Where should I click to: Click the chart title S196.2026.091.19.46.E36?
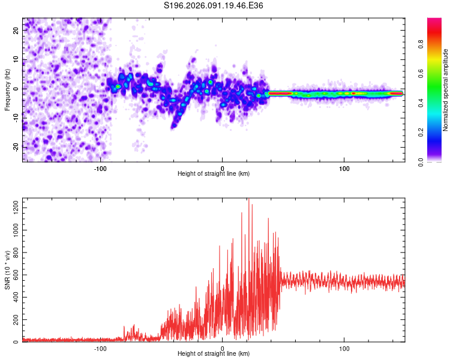pyautogui.click(x=214, y=5)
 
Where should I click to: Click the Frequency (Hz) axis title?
pyautogui.click(x=7, y=90)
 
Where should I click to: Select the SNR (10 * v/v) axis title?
pyautogui.click(x=7, y=271)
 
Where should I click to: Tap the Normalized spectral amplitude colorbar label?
pyautogui.click(x=446, y=90)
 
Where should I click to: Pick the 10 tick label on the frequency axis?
pyautogui.click(x=16, y=59)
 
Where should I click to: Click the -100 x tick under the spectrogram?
pyautogui.click(x=100, y=167)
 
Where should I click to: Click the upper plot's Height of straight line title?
pyautogui.click(x=214, y=174)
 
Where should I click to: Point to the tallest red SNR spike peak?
pyautogui.click(x=248, y=199)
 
